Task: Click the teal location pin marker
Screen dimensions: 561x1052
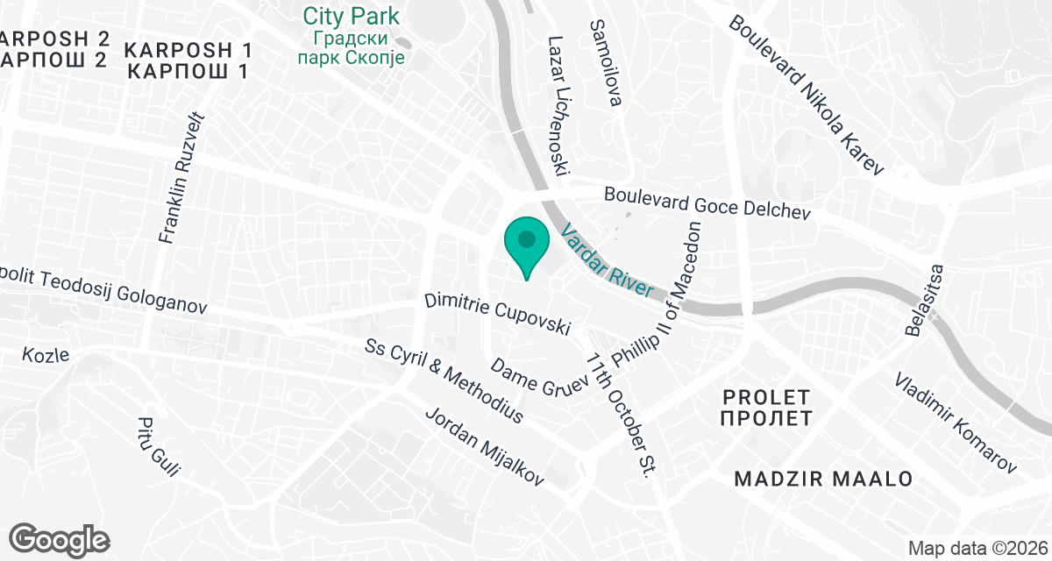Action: click(527, 245)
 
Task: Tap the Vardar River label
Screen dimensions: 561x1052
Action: click(608, 261)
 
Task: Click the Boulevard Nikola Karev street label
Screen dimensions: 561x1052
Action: click(807, 94)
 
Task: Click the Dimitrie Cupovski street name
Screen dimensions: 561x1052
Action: click(497, 316)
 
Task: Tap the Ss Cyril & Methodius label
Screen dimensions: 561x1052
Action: click(444, 381)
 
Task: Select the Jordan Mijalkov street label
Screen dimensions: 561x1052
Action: click(484, 446)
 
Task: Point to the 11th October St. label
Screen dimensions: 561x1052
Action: click(621, 415)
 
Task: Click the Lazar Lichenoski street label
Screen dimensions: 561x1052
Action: click(559, 104)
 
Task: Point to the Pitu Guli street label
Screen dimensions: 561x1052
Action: click(158, 446)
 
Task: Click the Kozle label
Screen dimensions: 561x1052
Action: click(46, 355)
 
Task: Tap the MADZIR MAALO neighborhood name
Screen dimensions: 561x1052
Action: click(823, 479)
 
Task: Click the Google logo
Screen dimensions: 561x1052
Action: click(60, 538)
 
